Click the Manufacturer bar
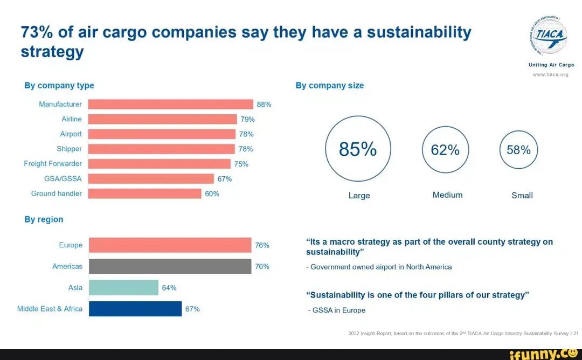pyautogui.click(x=170, y=105)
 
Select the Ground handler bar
pyautogui.click(x=144, y=193)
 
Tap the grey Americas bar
pyautogui.click(x=170, y=266)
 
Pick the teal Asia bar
pyautogui.click(x=123, y=288)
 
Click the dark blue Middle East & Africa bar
pyautogui.click(x=135, y=309)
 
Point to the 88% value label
pyautogui.click(x=264, y=105)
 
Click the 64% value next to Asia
pyautogui.click(x=169, y=288)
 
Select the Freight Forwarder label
pyautogui.click(x=53, y=164)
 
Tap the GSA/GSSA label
pyautogui.click(x=64, y=179)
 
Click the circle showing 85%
pyautogui.click(x=358, y=149)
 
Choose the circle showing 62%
pyautogui.click(x=445, y=150)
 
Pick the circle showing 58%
pyautogui.click(x=519, y=150)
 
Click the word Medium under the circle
pyautogui.click(x=447, y=195)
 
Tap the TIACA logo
pyautogui.click(x=551, y=36)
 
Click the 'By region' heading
pyautogui.click(x=44, y=219)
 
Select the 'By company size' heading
pyautogui.click(x=329, y=85)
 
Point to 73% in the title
pyautogui.click(x=37, y=32)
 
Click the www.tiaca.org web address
pyautogui.click(x=551, y=75)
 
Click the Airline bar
pyautogui.click(x=162, y=119)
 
